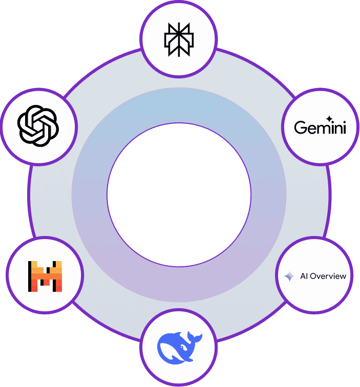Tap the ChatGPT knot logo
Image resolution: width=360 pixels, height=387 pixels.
point(39,125)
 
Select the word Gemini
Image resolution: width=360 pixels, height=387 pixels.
point(320,127)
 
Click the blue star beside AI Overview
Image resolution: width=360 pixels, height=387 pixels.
point(289,276)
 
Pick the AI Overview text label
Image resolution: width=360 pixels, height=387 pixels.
point(322,276)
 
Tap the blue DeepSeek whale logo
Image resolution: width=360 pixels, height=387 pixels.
point(179,347)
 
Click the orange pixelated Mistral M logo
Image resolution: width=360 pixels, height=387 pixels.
point(45,276)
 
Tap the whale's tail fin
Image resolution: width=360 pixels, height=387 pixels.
point(194,337)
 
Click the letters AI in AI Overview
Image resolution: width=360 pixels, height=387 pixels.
point(302,276)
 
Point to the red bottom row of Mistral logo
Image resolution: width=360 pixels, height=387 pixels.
point(45,289)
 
